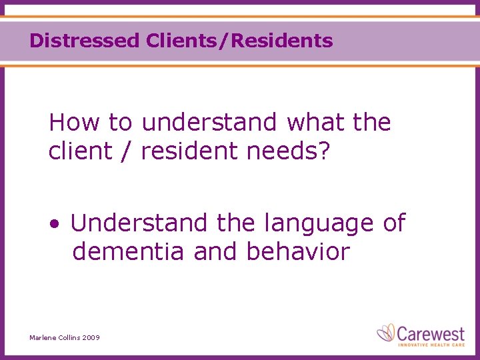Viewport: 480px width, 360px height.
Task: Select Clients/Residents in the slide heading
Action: pyautogui.click(x=238, y=41)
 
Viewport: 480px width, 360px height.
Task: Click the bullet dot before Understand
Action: pyautogui.click(x=53, y=224)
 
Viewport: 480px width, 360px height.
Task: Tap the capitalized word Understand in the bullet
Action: pyautogui.click(x=139, y=223)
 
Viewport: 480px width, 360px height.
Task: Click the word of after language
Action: pyautogui.click(x=393, y=223)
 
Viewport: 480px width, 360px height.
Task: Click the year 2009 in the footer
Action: pyautogui.click(x=91, y=338)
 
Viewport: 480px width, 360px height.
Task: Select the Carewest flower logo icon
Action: pyautogui.click(x=387, y=332)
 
